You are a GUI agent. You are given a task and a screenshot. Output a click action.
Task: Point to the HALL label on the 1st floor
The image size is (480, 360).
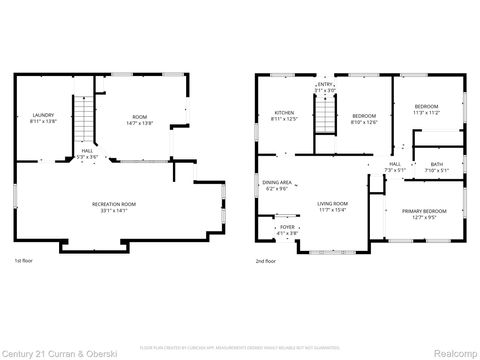click(87, 154)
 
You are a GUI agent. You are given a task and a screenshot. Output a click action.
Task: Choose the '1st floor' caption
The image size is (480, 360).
click(25, 260)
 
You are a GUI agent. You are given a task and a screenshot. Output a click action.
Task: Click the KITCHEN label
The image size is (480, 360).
click(285, 116)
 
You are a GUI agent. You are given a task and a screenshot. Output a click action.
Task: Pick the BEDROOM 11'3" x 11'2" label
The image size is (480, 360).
click(426, 109)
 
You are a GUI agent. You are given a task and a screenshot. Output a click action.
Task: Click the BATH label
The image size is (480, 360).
click(437, 167)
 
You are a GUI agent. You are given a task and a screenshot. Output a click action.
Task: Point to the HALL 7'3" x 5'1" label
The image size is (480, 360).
click(394, 167)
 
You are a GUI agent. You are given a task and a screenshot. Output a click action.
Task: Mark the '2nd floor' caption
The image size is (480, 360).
click(267, 260)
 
